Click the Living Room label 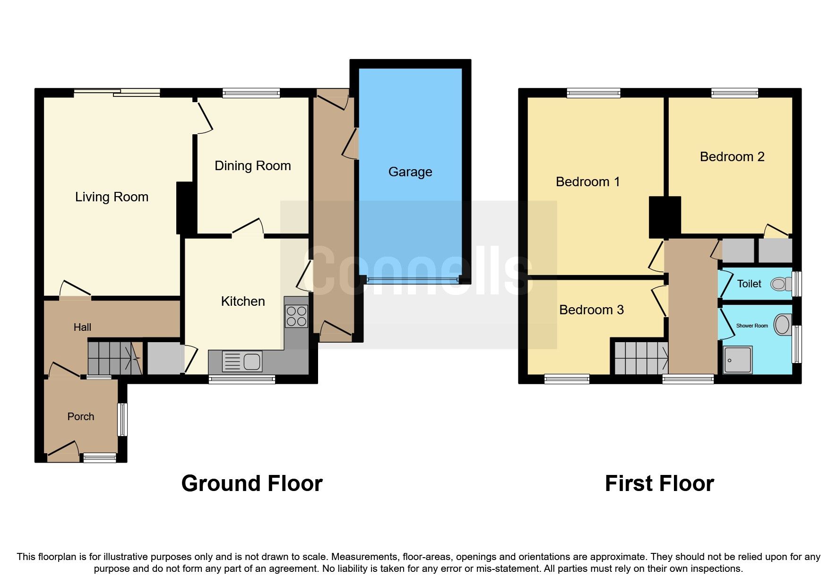(112, 197)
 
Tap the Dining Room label (252, 165)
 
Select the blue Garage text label (410, 172)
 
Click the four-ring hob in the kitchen (296, 317)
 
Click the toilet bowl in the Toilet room (781, 284)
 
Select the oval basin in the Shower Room (782, 325)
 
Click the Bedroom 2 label (732, 156)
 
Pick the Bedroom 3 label (591, 310)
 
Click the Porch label (80, 416)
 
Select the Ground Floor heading (251, 483)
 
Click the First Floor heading (659, 483)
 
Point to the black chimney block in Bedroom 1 (664, 217)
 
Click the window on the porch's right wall (123, 419)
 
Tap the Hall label (82, 327)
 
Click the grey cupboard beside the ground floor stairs (163, 358)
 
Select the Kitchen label (242, 301)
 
